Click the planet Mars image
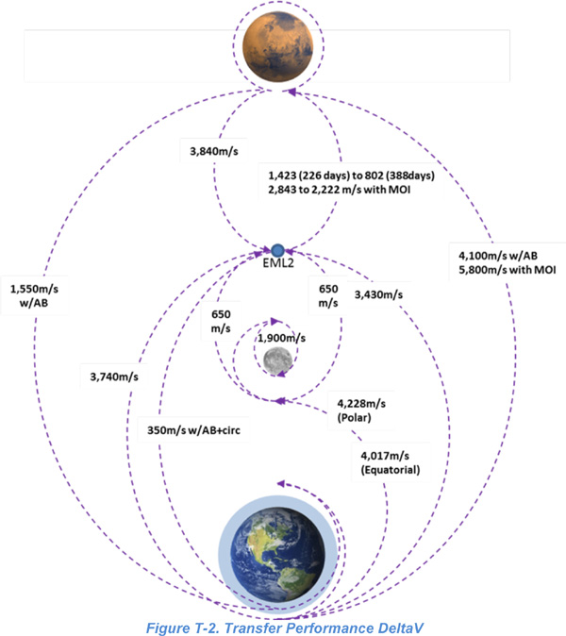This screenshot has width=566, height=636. [278, 46]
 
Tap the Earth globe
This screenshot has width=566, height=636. [278, 554]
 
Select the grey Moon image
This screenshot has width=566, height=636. [277, 360]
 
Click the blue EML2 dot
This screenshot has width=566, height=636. [277, 251]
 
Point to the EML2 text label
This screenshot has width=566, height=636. [278, 263]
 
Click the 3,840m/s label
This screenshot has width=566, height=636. [214, 151]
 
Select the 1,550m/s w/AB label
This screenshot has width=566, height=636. [34, 295]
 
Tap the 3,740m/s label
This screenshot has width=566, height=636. [114, 377]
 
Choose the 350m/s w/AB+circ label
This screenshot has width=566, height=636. [193, 430]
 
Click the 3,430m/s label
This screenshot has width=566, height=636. [378, 294]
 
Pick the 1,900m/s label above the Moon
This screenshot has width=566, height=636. [282, 338]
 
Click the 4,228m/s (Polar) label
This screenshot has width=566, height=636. [361, 410]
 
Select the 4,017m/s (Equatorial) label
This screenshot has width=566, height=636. [391, 462]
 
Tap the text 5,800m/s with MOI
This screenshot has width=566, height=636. [508, 270]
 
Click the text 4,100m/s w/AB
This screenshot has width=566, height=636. [498, 256]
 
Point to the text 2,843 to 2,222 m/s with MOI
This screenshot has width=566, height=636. [340, 190]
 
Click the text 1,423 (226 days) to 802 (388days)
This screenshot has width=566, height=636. [351, 176]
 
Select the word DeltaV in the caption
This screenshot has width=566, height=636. [400, 628]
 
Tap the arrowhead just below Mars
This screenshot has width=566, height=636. [291, 92]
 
